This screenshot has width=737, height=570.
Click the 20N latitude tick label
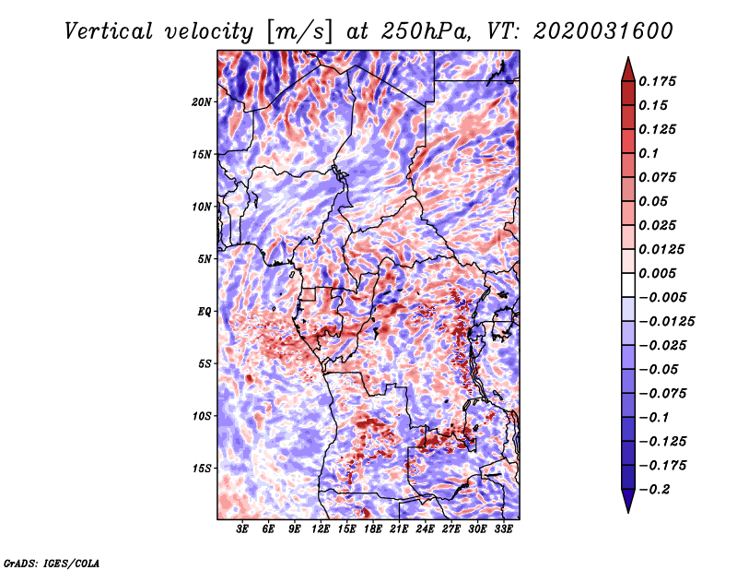tap(202, 101)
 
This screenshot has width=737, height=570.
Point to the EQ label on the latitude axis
tap(205, 312)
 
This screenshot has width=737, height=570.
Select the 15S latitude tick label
tap(202, 469)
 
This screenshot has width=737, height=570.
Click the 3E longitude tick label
tap(242, 529)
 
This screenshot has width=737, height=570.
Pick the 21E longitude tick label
tap(399, 529)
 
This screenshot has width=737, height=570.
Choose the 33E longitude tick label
tap(503, 529)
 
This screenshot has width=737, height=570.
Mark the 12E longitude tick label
tap(321, 529)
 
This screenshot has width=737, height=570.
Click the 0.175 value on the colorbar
tap(660, 81)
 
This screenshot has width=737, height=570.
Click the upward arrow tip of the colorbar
tap(627, 59)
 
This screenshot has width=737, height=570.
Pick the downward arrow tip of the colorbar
tap(627, 510)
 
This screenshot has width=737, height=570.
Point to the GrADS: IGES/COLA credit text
tap(52, 562)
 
